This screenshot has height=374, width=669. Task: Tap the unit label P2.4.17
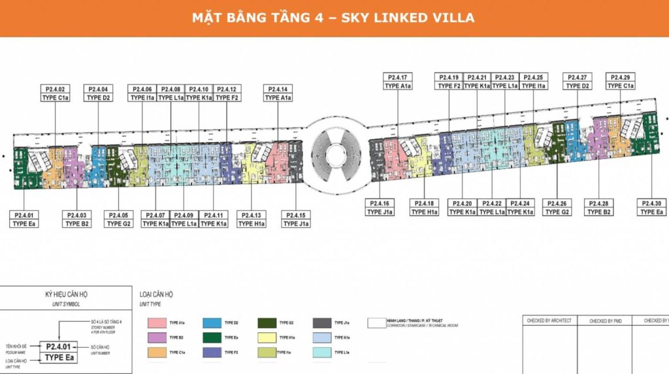click(398, 77)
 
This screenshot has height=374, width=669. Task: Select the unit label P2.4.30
click(652, 204)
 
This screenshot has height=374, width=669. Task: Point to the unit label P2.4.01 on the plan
click(25, 215)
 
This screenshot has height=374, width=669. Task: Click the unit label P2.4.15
click(296, 215)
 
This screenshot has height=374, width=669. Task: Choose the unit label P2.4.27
click(578, 77)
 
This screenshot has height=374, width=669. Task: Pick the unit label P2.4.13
click(252, 215)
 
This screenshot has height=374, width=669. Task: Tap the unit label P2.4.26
click(557, 204)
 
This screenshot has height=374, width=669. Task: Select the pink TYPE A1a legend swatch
click(156, 322)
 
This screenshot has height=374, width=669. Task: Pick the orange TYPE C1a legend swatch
click(156, 352)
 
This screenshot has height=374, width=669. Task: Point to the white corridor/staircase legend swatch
click(376, 322)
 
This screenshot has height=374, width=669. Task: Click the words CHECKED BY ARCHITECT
click(548, 320)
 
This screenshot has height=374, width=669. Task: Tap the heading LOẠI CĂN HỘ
click(157, 295)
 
